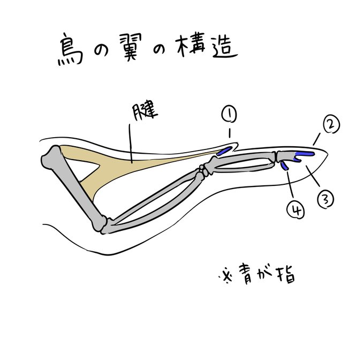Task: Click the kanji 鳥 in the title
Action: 70,51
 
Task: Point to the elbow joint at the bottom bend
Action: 105,224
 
